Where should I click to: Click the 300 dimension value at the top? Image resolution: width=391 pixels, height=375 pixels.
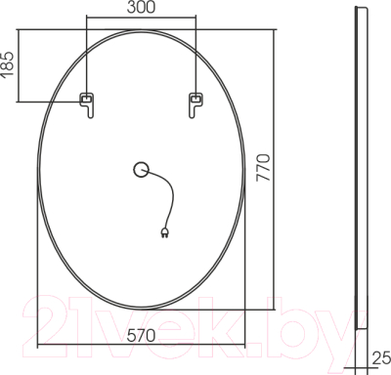click(x=141, y=9)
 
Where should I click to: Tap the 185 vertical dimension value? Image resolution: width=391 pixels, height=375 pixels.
click(x=9, y=65)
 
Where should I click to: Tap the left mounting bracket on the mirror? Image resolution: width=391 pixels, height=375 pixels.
click(x=87, y=102)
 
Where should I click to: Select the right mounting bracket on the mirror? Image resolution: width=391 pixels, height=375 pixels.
click(x=195, y=102)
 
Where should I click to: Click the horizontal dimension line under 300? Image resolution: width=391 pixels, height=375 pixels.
click(x=141, y=19)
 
